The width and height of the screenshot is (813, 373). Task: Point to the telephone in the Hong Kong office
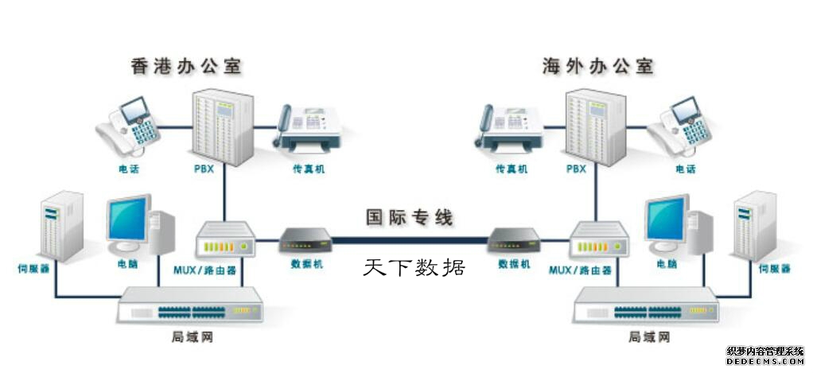[x=128, y=127]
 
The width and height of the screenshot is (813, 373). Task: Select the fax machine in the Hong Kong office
[x=309, y=129]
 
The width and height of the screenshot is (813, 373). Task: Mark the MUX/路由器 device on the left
[x=224, y=239]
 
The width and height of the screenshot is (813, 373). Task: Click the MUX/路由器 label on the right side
[x=582, y=270]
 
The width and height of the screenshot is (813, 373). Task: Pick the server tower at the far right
[x=754, y=227]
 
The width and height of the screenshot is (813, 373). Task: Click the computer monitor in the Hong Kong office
[x=127, y=219]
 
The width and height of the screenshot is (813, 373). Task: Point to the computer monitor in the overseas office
[x=667, y=219]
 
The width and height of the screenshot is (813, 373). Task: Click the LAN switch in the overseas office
[x=645, y=305]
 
